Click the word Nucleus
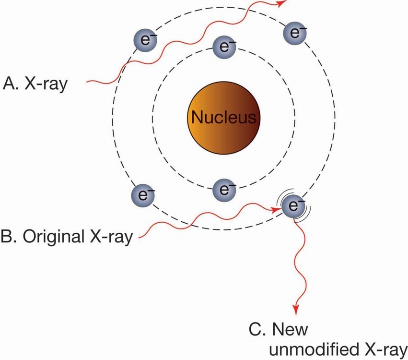pos(224,117)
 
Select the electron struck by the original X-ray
pos(293,207)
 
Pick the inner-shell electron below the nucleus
pos(224,189)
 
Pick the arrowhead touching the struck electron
pos(277,209)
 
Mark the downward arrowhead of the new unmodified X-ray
pos(298,309)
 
